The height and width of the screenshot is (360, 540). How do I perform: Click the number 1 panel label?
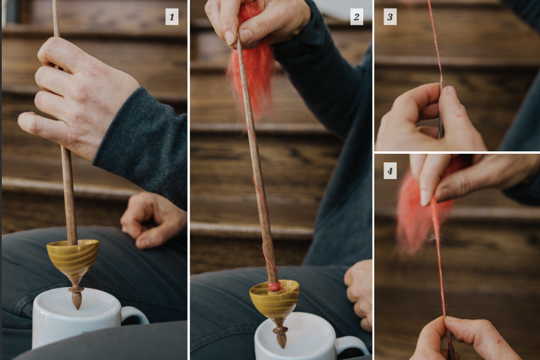point(172,17)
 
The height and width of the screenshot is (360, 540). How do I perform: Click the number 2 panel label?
point(357,17)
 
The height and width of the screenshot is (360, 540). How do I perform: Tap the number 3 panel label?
point(390,17)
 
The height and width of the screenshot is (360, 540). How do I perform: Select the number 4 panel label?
point(390,170)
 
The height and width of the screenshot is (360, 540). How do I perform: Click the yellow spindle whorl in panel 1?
point(73,257)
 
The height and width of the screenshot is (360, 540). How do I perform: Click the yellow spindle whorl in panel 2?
point(274,299)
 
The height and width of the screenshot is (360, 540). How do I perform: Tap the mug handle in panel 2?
point(353,346)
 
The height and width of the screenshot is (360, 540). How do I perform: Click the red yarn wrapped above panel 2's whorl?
point(274,286)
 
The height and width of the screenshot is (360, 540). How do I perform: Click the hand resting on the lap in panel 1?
point(153,219)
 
